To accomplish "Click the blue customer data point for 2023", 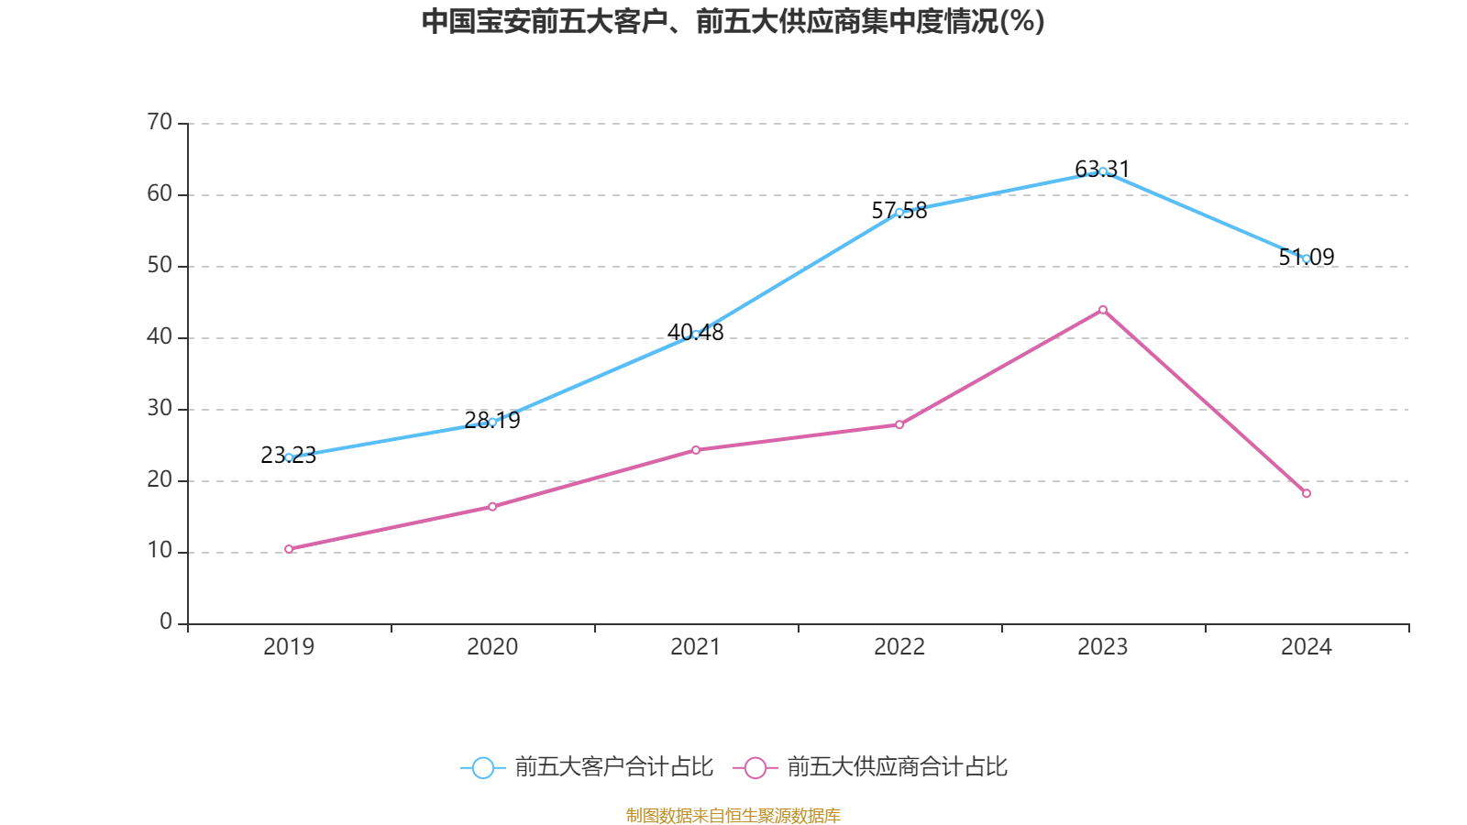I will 1102,171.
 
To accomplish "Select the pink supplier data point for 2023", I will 1102,310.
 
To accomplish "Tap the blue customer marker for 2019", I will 289,456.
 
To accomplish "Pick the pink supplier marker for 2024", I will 1306,493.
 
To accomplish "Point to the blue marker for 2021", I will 696,334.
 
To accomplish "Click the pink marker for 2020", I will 492,506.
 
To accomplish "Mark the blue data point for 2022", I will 899,212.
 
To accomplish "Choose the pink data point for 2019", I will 289,549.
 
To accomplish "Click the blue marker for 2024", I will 1306,258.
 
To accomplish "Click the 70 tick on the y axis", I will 160,122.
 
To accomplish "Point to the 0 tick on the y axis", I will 166,622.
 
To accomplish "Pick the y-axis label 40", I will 160,336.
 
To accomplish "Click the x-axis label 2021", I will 696,647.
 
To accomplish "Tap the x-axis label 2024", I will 1306,647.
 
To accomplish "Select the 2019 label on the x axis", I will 289,647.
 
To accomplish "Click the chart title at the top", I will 733,22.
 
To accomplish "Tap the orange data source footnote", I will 733,815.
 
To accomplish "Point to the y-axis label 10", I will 160,551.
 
